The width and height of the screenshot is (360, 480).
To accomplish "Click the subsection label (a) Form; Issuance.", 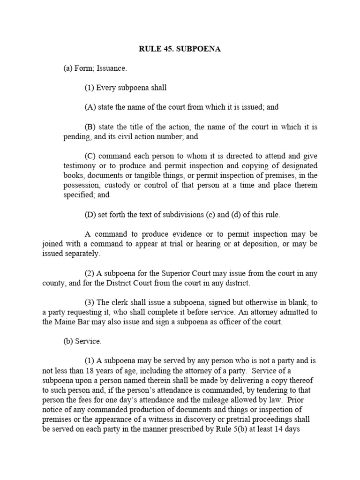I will coord(95,68).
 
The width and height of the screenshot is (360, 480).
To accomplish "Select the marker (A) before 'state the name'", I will coord(90,107).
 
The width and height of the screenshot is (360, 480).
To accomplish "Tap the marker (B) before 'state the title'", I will coord(90,126).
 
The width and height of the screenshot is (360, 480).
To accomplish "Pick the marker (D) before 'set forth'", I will coord(90,215).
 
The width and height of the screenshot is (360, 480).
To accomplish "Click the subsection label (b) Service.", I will coord(82,341).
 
